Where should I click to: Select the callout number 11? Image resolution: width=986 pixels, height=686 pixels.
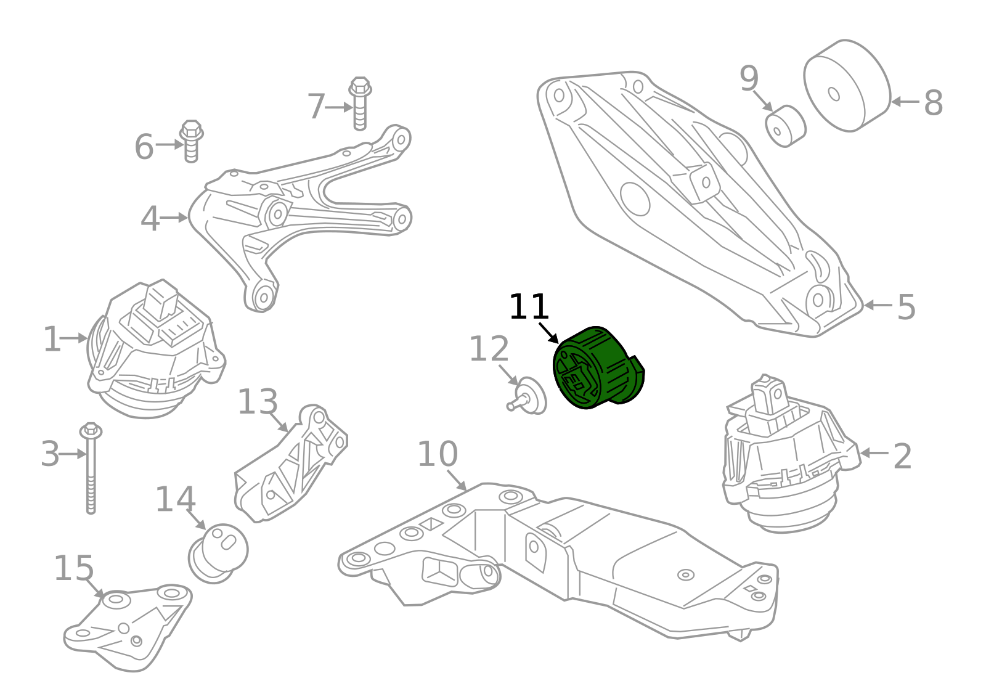click(528, 307)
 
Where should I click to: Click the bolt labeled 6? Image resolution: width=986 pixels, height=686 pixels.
click(192, 141)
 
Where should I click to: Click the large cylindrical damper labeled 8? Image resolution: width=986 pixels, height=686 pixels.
click(847, 86)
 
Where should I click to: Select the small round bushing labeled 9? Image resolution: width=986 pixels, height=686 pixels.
click(786, 126)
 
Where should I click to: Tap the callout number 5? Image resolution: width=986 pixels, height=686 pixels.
click(906, 307)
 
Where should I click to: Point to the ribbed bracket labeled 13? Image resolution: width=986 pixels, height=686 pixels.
click(293, 465)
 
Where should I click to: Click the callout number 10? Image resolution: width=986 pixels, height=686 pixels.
click(437, 455)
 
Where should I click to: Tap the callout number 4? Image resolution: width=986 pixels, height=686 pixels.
click(150, 219)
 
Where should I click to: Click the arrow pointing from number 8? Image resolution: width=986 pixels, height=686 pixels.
click(905, 102)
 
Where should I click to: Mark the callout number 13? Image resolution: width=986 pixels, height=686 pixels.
click(257, 402)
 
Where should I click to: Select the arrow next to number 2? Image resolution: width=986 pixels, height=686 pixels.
click(874, 453)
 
